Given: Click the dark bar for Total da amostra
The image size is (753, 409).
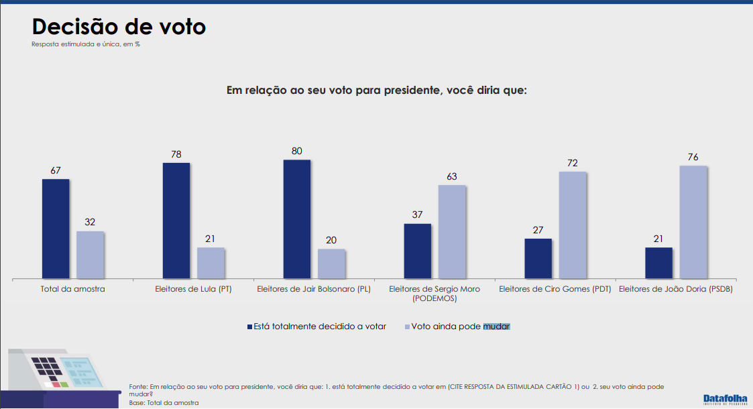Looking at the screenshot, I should pyautogui.click(x=56, y=229).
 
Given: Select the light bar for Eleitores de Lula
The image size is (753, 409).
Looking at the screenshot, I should pyautogui.click(x=211, y=263).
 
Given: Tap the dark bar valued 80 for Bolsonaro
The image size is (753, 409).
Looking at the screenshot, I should pyautogui.click(x=297, y=219).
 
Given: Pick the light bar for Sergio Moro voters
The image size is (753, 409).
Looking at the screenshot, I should pyautogui.click(x=452, y=231).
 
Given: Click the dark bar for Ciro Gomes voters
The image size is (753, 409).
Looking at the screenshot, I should pyautogui.click(x=538, y=258).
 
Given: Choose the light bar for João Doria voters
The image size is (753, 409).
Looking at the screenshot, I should pyautogui.click(x=693, y=222).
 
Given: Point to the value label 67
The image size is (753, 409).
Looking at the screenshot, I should pyautogui.click(x=56, y=170).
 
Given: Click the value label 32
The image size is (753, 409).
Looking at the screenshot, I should pyautogui.click(x=90, y=223).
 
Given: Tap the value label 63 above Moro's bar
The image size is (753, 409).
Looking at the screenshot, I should pyautogui.click(x=452, y=176).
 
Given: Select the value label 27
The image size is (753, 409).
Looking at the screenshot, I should pyautogui.click(x=538, y=230).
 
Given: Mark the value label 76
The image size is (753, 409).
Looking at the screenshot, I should pyautogui.click(x=693, y=157).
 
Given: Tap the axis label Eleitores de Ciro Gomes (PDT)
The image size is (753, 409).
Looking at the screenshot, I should pyautogui.click(x=555, y=289).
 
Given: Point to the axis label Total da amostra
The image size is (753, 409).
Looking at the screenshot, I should pyautogui.click(x=72, y=289).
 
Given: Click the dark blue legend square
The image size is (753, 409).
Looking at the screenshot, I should pyautogui.click(x=249, y=327).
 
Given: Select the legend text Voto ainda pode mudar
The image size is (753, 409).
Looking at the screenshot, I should pyautogui.click(x=461, y=327).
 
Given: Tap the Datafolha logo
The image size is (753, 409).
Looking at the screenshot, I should pyautogui.click(x=725, y=399).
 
